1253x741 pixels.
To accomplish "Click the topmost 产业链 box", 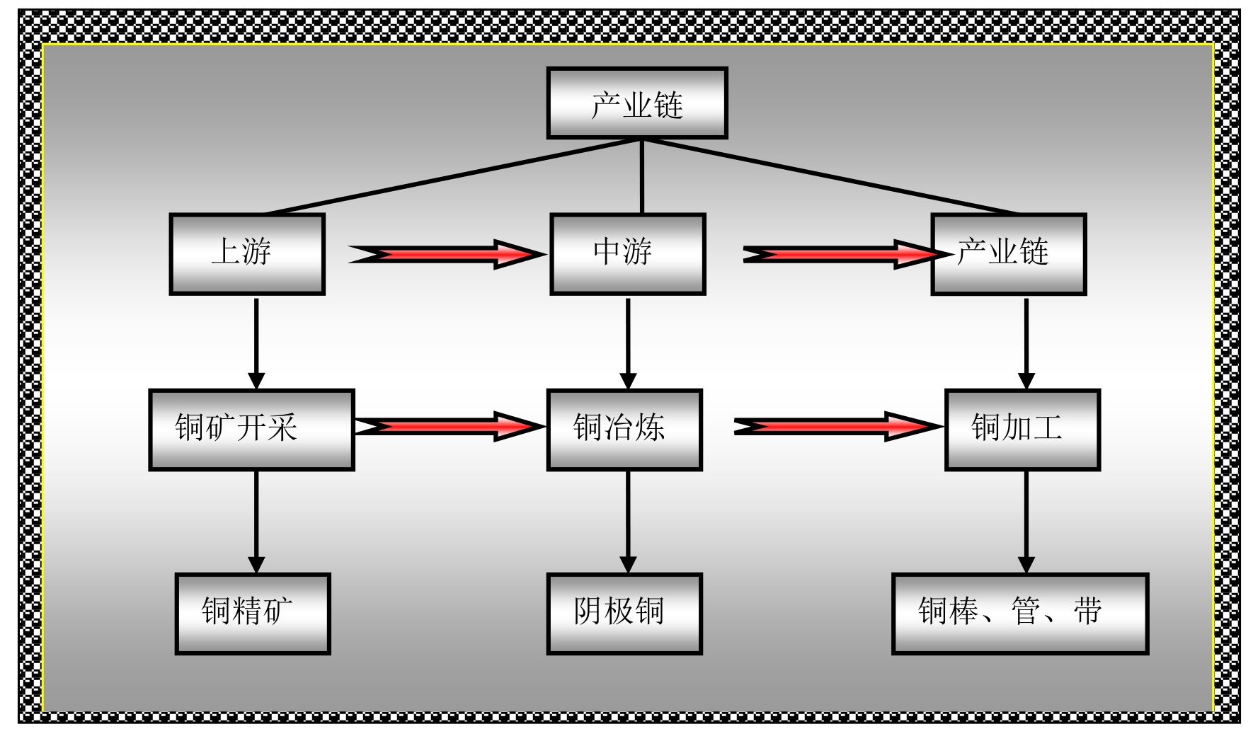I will [x=636, y=103].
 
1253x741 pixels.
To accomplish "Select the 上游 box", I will [x=247, y=253].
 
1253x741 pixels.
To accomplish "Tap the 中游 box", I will [x=627, y=253].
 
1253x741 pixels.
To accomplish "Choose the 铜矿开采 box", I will [x=251, y=429].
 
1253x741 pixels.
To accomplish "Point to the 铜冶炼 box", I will [x=624, y=429].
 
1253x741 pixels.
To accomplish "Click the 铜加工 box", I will [x=1022, y=429].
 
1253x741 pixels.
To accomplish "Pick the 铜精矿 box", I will [x=252, y=613].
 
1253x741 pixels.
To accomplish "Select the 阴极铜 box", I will [x=624, y=613].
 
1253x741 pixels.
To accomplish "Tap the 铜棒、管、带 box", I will [x=1019, y=613].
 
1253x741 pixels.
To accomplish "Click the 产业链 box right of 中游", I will [x=1008, y=253].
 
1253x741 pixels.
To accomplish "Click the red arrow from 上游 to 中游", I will [x=446, y=254].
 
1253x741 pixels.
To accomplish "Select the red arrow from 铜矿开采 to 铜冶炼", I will [x=449, y=426].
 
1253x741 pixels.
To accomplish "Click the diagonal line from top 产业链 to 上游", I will [x=453, y=176].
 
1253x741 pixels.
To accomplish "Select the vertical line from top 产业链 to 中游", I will [x=641, y=176].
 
